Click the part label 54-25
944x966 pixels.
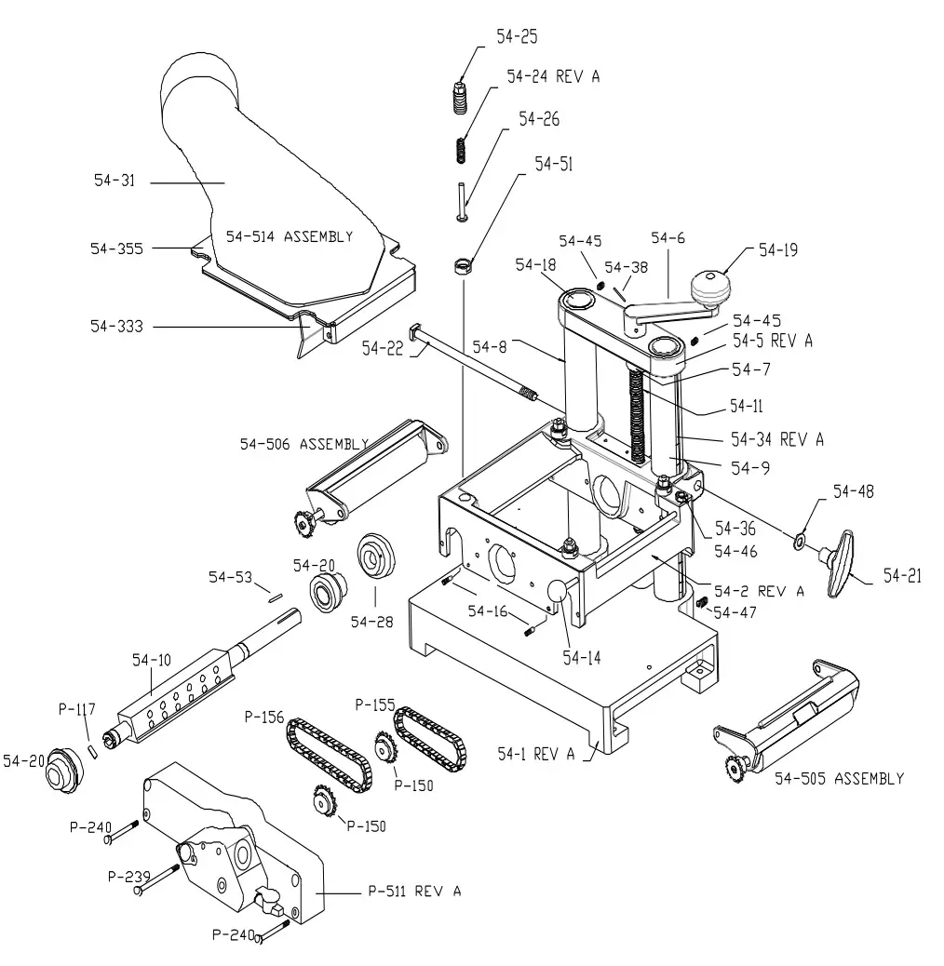click(517, 37)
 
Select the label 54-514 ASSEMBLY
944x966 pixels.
click(283, 236)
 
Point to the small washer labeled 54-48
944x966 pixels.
click(800, 540)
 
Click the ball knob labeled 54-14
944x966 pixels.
click(558, 592)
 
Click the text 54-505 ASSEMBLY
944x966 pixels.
click(839, 778)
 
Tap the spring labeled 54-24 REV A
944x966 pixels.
click(460, 148)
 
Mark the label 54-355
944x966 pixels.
click(115, 248)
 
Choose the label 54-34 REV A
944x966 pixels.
click(776, 438)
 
